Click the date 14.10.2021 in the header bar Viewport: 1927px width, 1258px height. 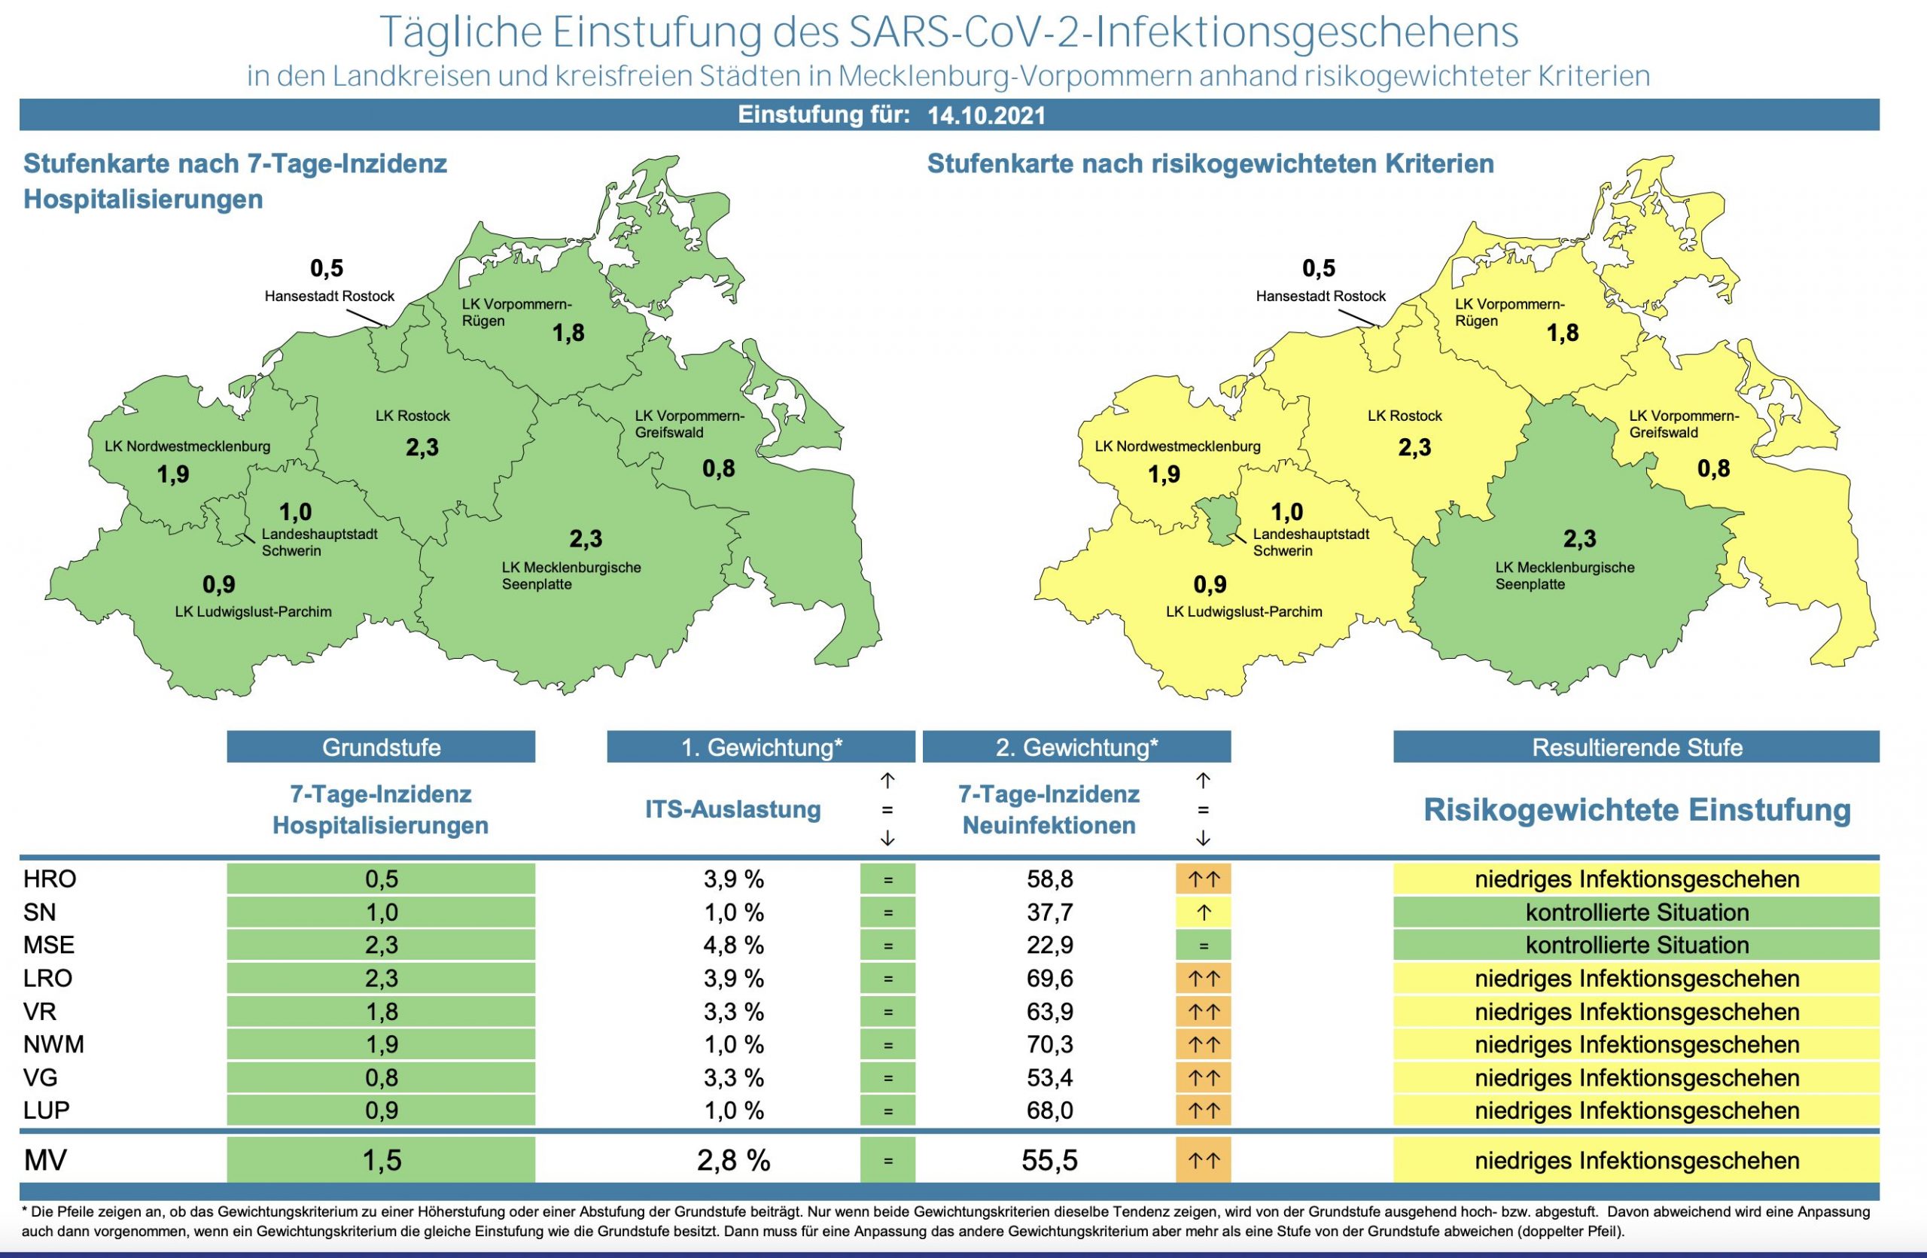[x=986, y=116]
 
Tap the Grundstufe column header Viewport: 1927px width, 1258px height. [x=381, y=746]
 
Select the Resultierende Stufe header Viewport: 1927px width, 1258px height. [x=1636, y=746]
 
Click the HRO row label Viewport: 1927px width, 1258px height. [x=50, y=879]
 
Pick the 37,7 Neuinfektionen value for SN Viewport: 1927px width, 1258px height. [x=1049, y=912]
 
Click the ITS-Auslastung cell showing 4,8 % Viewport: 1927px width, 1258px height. [x=734, y=945]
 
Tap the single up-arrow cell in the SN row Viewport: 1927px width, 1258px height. [x=1203, y=912]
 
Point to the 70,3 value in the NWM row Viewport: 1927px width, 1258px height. [x=1049, y=1044]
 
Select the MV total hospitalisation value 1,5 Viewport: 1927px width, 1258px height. [x=382, y=1160]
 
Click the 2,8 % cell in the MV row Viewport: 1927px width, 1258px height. [x=734, y=1160]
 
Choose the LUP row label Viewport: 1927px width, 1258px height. [x=47, y=1110]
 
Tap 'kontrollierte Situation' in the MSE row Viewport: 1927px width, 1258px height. [x=1636, y=945]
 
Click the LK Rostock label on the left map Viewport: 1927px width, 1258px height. [x=413, y=416]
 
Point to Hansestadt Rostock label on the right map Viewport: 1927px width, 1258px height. [x=1320, y=297]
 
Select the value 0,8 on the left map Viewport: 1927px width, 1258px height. [x=719, y=468]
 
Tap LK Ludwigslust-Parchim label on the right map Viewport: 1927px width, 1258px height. [x=1244, y=612]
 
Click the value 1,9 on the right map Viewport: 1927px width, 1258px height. [x=1164, y=474]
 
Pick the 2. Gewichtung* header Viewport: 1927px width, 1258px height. [x=1076, y=746]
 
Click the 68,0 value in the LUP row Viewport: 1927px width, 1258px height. [x=1049, y=1110]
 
